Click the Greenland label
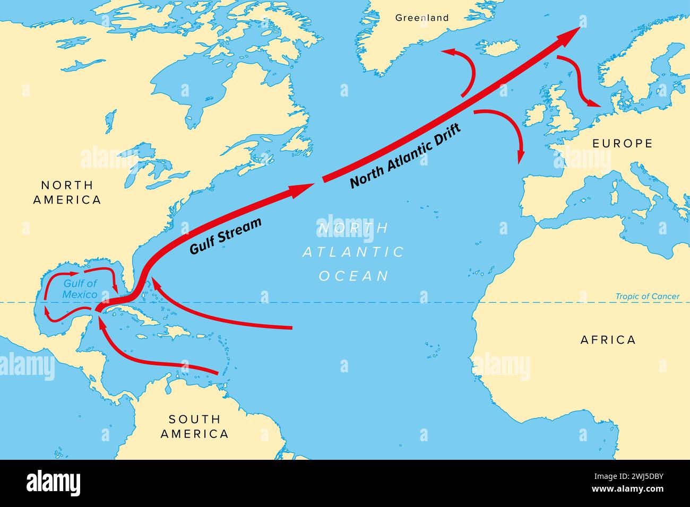point(422,18)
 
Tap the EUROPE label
point(622,143)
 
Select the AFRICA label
point(608,340)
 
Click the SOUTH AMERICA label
point(195,426)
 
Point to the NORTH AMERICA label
point(67,193)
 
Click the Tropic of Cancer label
point(647,296)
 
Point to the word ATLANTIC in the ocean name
point(353,252)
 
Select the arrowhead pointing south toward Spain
point(521,154)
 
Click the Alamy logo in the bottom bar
point(53,483)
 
